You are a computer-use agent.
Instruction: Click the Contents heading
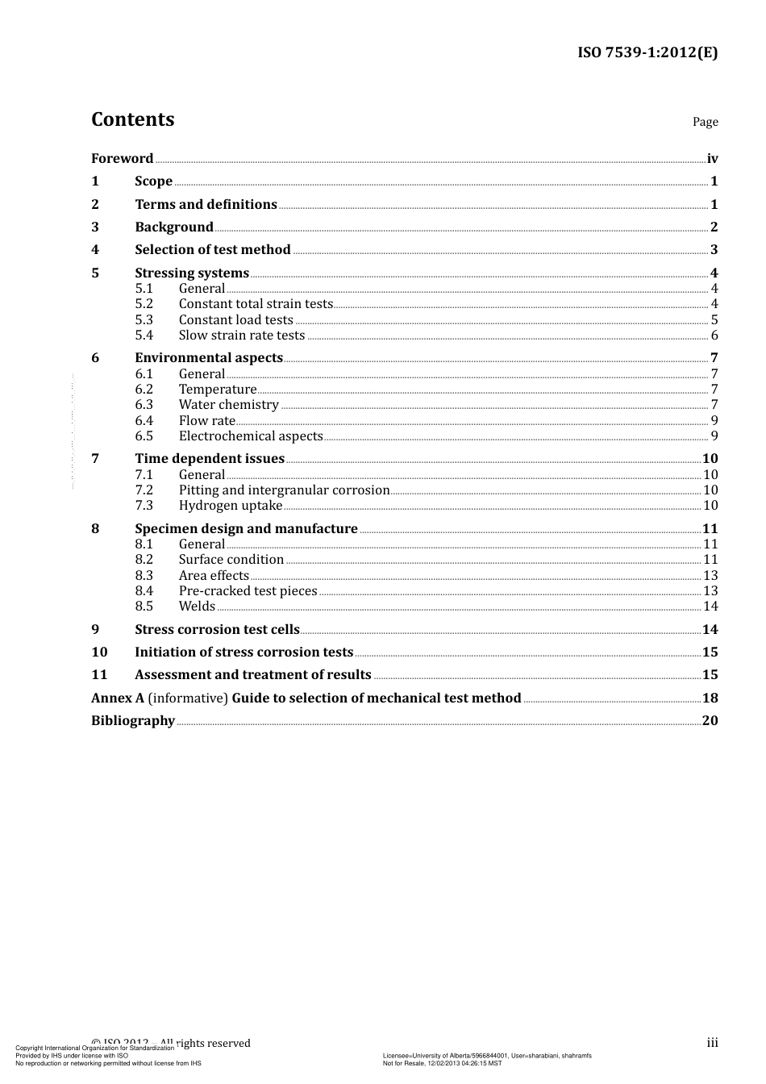[x=132, y=119]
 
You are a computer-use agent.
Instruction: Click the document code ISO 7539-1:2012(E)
[x=647, y=53]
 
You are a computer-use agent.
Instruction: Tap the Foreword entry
[x=122, y=159]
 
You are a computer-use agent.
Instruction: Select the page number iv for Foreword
[x=712, y=159]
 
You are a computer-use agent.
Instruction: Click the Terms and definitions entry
[x=206, y=205]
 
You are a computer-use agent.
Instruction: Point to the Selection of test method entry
[x=212, y=250]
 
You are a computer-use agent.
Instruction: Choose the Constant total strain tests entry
[x=256, y=304]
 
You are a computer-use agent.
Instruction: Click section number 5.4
[x=144, y=336]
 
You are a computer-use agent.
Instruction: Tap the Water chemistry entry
[x=228, y=405]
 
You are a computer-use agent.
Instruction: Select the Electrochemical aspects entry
[x=251, y=436]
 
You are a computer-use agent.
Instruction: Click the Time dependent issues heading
[x=210, y=459]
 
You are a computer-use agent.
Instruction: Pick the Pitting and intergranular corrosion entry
[x=284, y=490]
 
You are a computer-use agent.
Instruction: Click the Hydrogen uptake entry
[x=231, y=506]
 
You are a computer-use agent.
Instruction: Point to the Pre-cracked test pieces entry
[x=248, y=591]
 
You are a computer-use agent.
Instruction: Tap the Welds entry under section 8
[x=197, y=607]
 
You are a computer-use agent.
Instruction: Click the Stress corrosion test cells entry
[x=217, y=630]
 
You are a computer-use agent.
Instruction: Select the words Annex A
[x=118, y=698]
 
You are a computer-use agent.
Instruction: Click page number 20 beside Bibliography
[x=710, y=721]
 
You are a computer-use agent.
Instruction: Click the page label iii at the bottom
[x=712, y=1043]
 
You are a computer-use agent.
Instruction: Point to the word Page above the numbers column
[x=705, y=122]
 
